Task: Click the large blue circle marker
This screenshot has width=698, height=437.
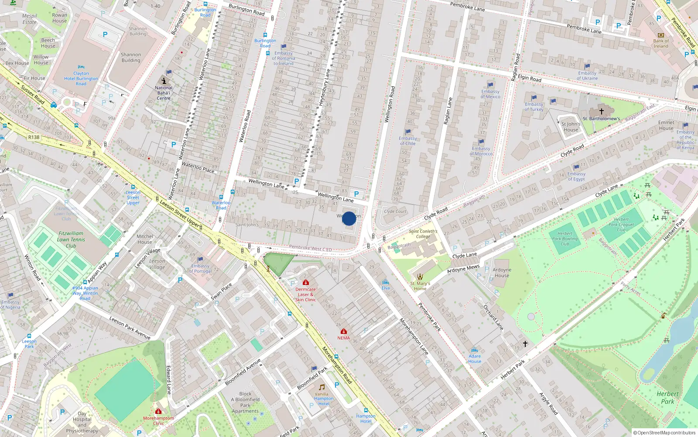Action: coord(349,218)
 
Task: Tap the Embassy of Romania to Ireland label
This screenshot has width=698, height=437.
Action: coord(284,59)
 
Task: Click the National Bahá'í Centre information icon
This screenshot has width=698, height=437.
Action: coord(164,81)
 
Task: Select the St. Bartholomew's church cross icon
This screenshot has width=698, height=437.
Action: coord(601,111)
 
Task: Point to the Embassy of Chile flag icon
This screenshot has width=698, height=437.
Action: coord(408,132)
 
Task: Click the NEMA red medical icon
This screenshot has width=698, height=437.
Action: coord(344,331)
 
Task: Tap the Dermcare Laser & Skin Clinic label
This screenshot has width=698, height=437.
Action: coord(305,295)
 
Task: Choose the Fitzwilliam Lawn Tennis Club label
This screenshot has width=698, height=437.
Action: coord(71,239)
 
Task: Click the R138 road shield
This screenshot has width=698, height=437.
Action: coord(34,137)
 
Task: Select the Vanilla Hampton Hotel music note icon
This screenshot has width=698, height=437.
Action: coord(322,387)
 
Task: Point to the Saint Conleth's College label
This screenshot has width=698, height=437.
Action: coord(423,234)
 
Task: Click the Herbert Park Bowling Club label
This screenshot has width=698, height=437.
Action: coord(565,239)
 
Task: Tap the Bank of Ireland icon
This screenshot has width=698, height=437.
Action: coord(660,35)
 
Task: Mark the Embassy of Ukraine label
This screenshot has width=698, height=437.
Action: coord(587,76)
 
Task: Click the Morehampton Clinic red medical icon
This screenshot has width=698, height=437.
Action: coord(158,411)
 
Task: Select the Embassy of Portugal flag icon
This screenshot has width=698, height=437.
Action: coord(200,260)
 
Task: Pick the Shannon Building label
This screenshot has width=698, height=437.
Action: coord(131,58)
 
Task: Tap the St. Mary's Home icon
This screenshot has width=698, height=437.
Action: coord(420,277)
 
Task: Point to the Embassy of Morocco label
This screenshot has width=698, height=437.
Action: coord(481,151)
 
